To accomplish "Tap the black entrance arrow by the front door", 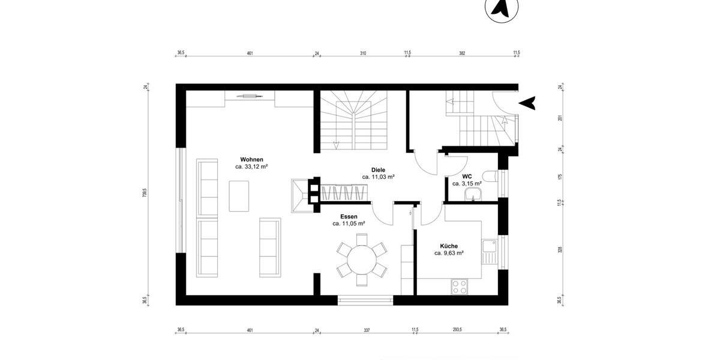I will tap(527, 103).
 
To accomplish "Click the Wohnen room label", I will tap(251, 159).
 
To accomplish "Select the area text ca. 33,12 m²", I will tap(251, 167).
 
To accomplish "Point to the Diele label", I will tap(378, 170).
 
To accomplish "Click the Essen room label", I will tap(349, 216).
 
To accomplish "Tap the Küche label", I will tap(449, 246).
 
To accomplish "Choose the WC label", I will tap(466, 176).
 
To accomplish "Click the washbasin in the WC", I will tap(473, 194).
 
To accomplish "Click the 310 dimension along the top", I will tap(363, 53).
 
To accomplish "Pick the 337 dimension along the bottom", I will tap(367, 329).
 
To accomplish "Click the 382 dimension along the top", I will tap(462, 53).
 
